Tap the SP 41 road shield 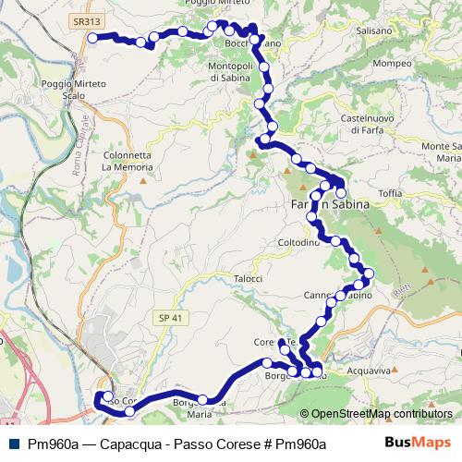(165, 316)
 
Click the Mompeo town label (392, 65)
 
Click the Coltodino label (298, 243)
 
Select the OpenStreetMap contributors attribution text (382, 414)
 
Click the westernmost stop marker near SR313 (93, 37)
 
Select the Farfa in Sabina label (330, 204)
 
